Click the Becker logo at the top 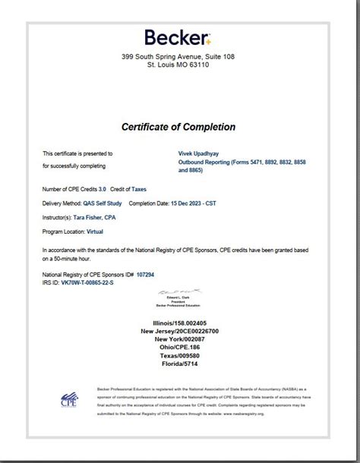tap(178, 38)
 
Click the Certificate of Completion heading tap(178, 127)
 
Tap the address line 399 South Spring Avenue tap(178, 57)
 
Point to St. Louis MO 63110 tap(178, 65)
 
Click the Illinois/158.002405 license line tap(179, 323)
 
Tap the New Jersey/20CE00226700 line tap(179, 331)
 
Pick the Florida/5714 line tap(179, 364)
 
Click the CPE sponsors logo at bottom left tap(68, 399)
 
